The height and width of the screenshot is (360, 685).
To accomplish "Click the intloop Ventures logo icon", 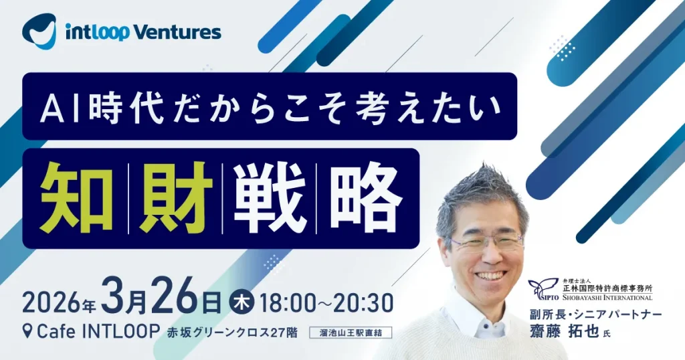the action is [39, 31].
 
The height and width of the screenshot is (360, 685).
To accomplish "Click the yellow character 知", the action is [77, 197].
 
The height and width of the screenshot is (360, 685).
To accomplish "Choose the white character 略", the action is [366, 197].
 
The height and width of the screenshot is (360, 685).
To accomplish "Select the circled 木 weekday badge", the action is [241, 302].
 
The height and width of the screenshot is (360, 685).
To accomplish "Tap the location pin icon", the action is [28, 333].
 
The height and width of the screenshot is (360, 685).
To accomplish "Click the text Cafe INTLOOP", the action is [97, 332].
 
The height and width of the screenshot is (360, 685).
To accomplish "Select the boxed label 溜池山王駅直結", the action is [351, 333].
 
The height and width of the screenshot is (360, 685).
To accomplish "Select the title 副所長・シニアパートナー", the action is [595, 314].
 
